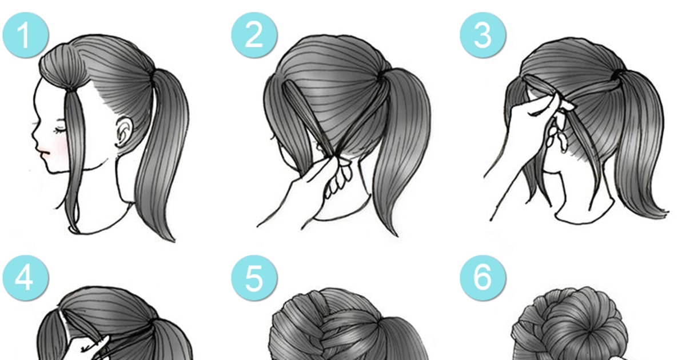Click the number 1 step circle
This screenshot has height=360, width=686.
(26, 35)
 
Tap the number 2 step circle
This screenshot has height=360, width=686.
(254, 35)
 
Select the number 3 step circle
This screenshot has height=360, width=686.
(482, 35)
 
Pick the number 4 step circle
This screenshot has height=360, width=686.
(26, 278)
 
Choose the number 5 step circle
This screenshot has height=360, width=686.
(254, 278)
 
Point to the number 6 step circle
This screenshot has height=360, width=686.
(482, 278)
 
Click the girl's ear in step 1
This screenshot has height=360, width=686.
(125, 132)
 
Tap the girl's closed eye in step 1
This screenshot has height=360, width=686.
(59, 131)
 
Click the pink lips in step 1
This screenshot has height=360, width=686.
(43, 152)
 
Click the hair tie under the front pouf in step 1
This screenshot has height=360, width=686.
(73, 90)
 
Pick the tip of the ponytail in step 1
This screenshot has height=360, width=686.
(174, 241)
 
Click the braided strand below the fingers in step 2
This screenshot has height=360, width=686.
(338, 178)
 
